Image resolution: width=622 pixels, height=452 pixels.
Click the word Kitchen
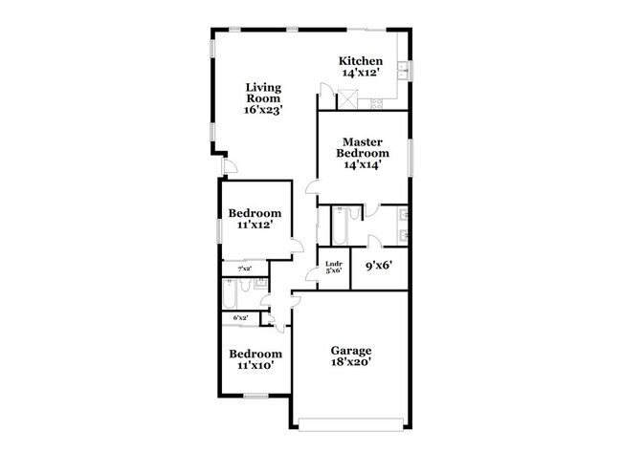[363, 61]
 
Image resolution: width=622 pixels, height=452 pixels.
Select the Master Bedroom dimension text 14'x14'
[363, 164]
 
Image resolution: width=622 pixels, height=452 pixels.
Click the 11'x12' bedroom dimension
[255, 226]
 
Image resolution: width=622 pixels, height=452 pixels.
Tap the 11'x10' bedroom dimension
[255, 365]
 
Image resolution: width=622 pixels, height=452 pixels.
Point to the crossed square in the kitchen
[350, 96]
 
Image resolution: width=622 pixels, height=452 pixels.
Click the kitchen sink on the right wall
[406, 71]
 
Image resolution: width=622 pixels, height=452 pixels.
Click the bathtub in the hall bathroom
[231, 291]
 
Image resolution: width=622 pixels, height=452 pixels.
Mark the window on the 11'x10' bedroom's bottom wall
[255, 396]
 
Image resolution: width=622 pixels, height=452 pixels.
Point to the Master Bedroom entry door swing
[312, 187]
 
